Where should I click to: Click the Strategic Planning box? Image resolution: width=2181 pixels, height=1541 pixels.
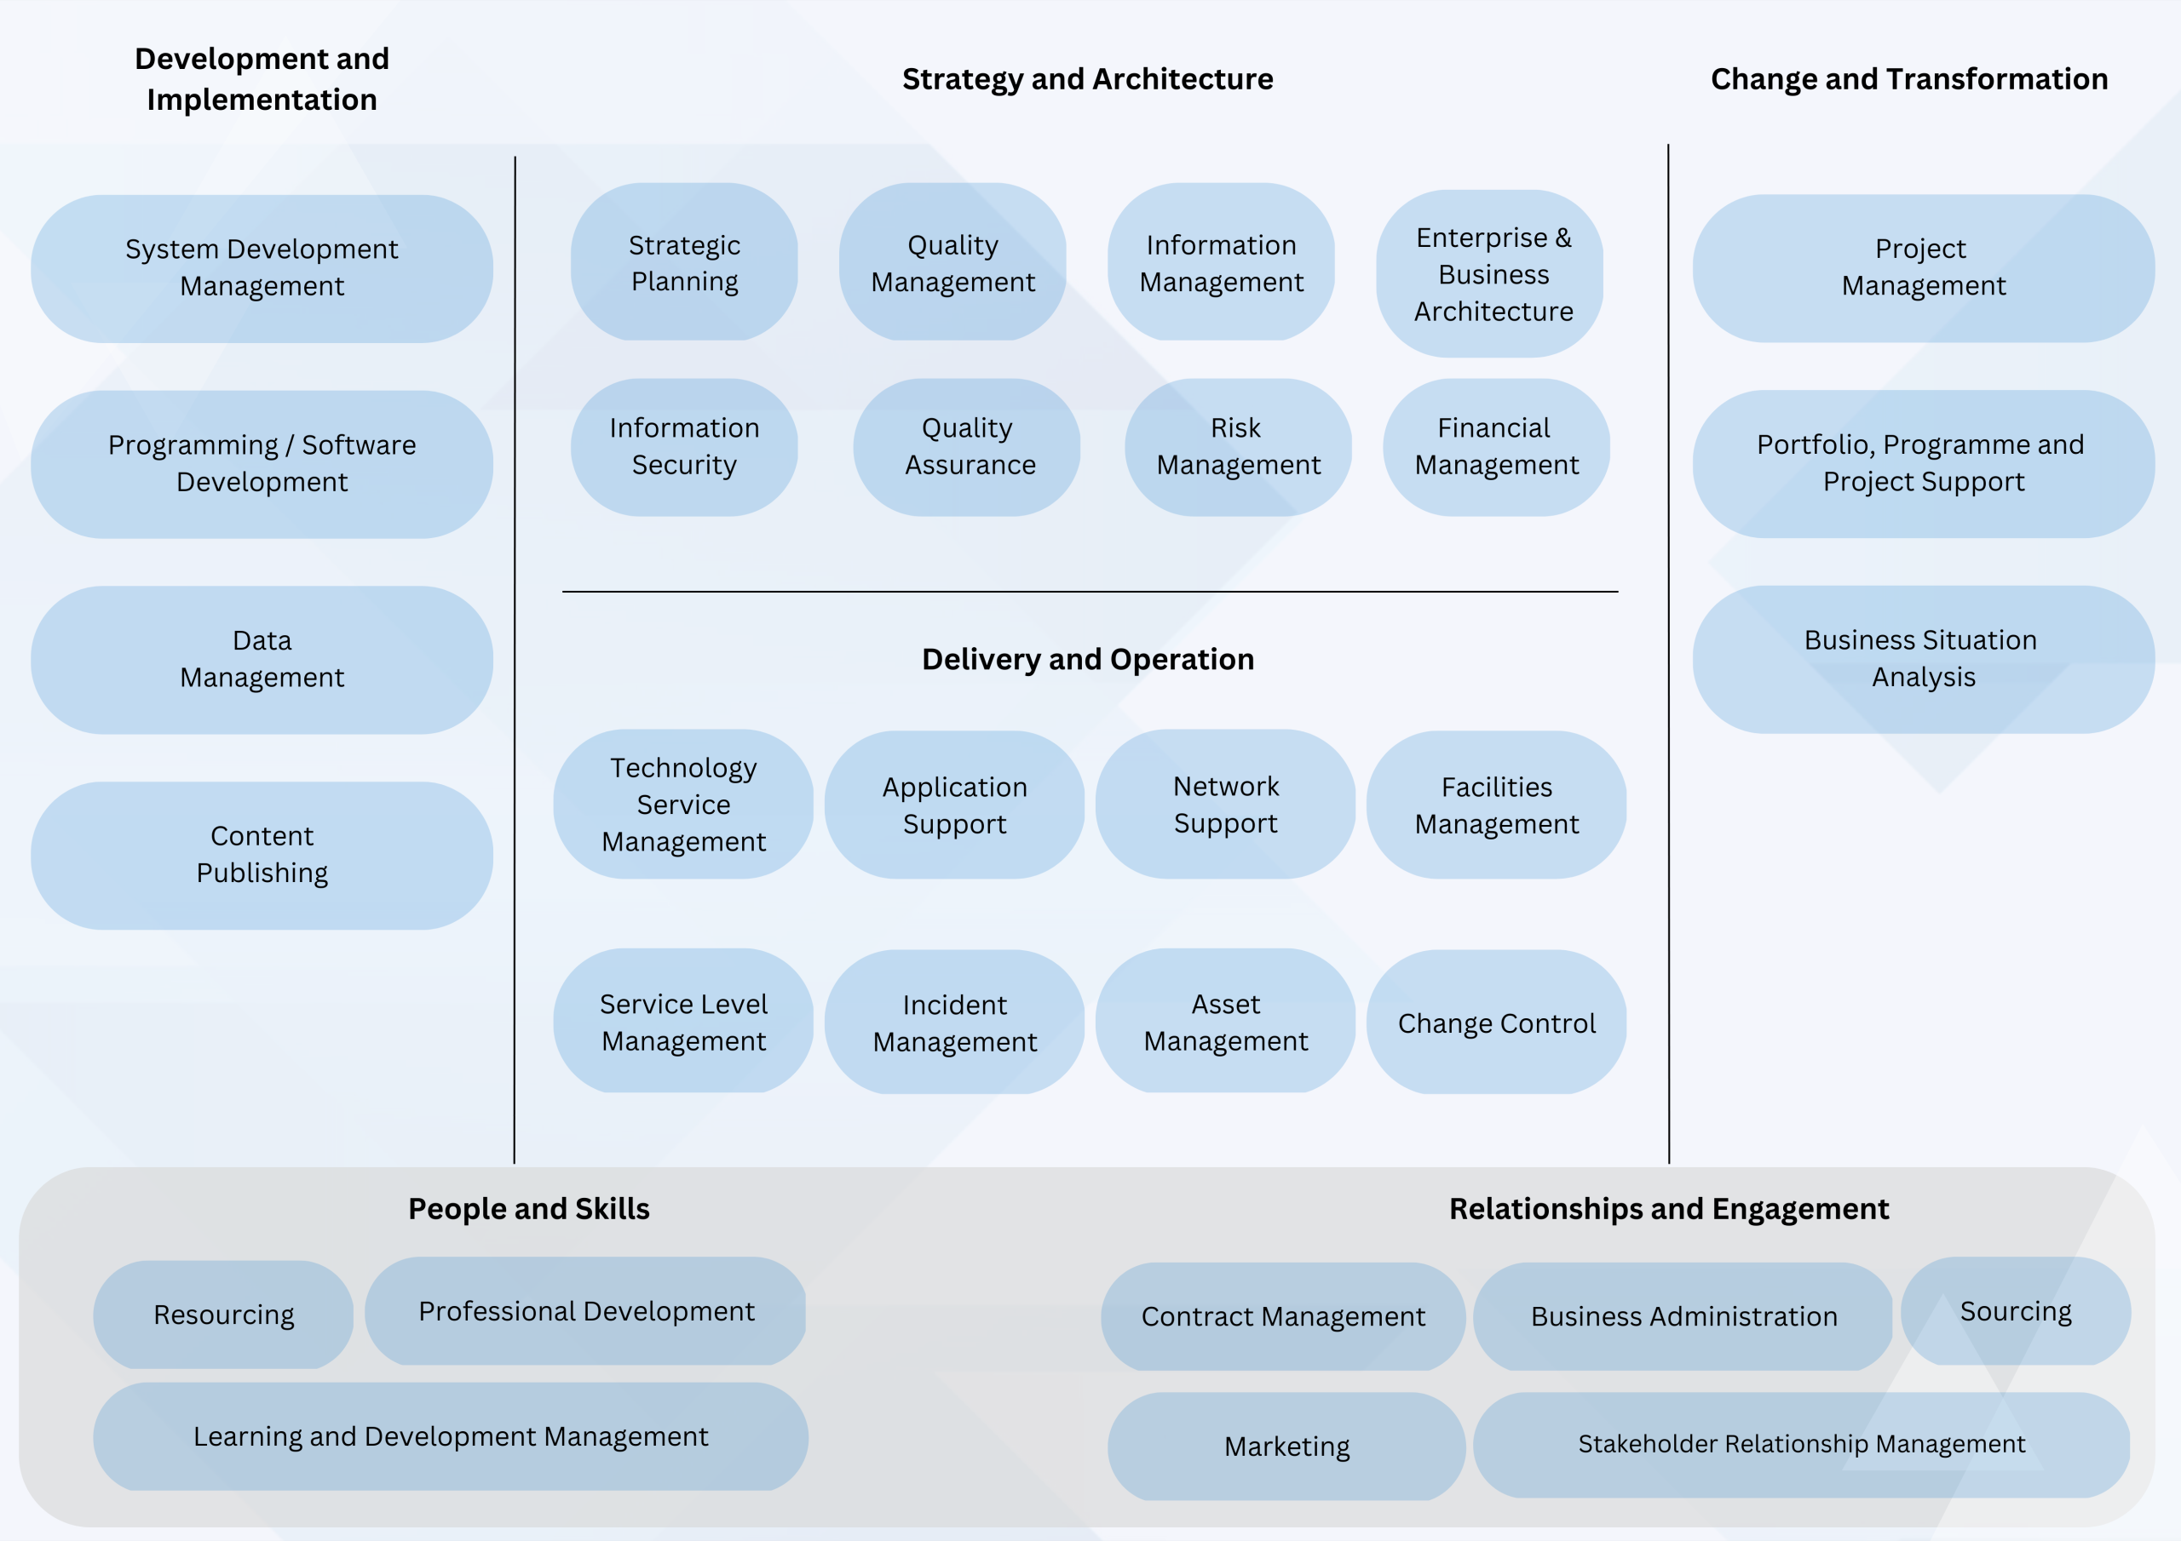[684, 262]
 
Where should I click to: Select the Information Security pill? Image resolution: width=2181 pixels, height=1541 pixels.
[684, 446]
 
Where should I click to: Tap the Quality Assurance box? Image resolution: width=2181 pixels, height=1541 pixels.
[967, 446]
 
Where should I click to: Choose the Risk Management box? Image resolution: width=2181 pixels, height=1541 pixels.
[1238, 446]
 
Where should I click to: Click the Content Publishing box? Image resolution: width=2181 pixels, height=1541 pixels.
[262, 855]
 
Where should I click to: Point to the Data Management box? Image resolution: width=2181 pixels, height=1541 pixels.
[262, 659]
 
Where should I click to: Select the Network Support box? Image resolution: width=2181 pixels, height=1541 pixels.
[1225, 805]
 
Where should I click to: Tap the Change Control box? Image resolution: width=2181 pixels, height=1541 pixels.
[1496, 1023]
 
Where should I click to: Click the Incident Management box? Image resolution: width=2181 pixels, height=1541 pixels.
[955, 1023]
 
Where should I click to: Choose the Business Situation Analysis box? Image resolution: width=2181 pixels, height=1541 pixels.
[1923, 659]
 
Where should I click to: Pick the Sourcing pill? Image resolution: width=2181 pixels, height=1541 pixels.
[2016, 1311]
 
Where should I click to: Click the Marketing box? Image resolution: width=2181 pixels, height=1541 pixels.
[1286, 1446]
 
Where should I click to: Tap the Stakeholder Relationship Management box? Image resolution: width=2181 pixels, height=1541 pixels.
[1801, 1444]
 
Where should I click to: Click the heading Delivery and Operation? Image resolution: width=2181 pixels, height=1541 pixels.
[1088, 659]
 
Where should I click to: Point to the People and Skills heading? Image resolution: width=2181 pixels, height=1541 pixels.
[529, 1209]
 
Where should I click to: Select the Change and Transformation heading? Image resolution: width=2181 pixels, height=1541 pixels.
[1909, 79]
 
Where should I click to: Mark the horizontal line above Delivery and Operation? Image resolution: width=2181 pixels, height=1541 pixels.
[1090, 592]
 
